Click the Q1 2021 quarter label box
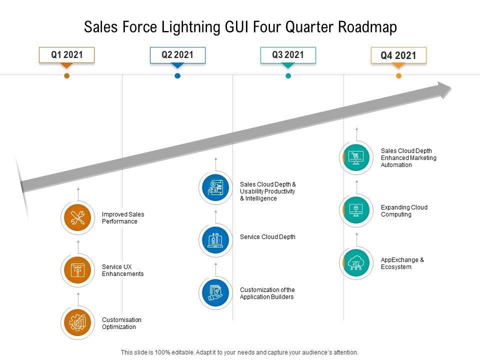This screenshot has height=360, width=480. [x=67, y=54]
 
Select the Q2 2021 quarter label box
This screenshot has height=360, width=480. [x=177, y=54]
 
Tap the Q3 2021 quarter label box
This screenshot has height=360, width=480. [x=288, y=54]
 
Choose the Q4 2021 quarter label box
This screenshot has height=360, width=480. [x=398, y=55]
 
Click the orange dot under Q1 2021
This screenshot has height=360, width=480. [x=66, y=76]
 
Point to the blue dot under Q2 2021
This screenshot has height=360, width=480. [x=177, y=76]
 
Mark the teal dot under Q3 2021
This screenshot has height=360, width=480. [x=288, y=76]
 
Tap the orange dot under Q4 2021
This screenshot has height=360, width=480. [x=398, y=76]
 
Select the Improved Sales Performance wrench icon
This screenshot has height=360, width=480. [x=78, y=218]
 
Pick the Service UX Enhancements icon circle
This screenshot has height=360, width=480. [x=78, y=270]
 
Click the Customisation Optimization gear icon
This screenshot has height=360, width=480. [x=78, y=323]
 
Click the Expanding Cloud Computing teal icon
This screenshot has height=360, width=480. [x=356, y=210]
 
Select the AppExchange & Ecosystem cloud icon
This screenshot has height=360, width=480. [x=356, y=263]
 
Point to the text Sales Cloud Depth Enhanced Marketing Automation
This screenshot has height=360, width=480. [x=408, y=158]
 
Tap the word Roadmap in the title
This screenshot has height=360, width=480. [x=367, y=27]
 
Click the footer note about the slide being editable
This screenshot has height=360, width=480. [x=240, y=352]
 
